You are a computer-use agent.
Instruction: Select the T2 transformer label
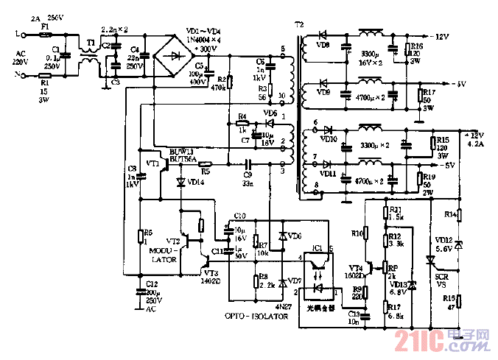(298, 24)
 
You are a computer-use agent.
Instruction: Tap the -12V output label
(440, 35)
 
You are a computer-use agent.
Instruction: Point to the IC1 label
(318, 248)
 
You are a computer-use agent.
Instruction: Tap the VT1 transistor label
(153, 162)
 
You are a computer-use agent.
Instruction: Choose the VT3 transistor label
(211, 272)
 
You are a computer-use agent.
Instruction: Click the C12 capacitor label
(150, 283)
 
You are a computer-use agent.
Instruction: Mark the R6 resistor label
(147, 231)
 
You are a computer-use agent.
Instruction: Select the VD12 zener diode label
(443, 240)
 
